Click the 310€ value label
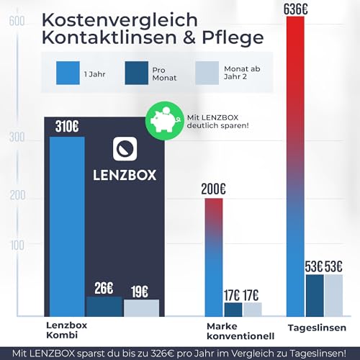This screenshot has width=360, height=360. tap(67, 127)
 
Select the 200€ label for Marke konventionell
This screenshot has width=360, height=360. tap(216, 189)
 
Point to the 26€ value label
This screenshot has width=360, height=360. tap(104, 288)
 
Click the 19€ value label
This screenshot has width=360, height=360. tap(140, 292)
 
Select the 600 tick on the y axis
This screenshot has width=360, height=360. tap(13, 21)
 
